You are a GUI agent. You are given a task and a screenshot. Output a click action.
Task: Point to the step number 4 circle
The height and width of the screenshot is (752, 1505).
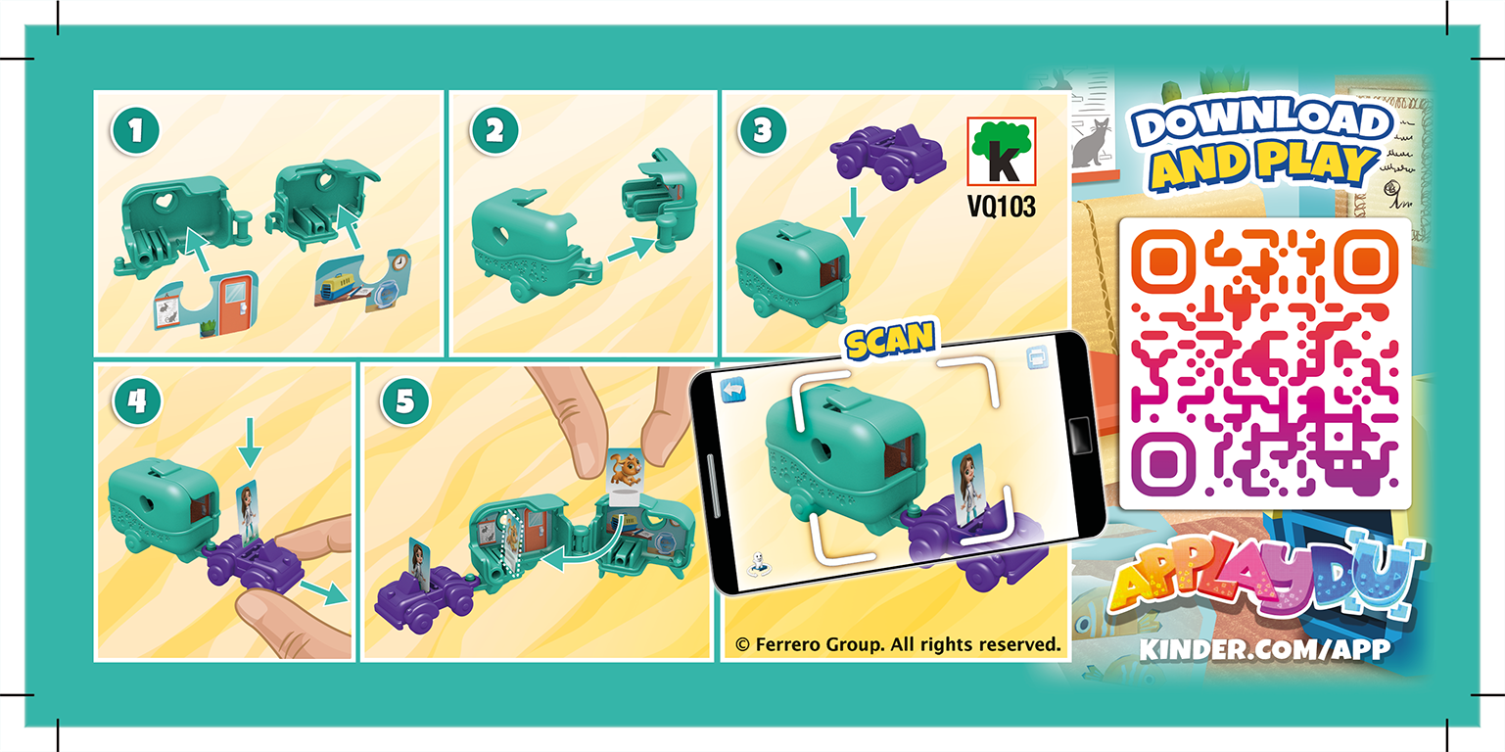click(x=135, y=402)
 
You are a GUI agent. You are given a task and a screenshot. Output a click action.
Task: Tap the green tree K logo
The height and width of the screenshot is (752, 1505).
click(x=1001, y=152)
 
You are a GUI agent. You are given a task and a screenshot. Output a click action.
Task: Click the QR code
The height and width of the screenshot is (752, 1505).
click(x=1264, y=363)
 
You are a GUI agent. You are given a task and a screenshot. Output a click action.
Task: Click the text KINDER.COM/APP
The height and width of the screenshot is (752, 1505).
click(x=1264, y=650)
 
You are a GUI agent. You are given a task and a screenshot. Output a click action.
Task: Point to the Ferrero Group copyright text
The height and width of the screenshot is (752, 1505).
click(x=898, y=644)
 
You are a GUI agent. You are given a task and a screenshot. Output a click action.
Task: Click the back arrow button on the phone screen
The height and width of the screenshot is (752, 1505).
click(x=733, y=391)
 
